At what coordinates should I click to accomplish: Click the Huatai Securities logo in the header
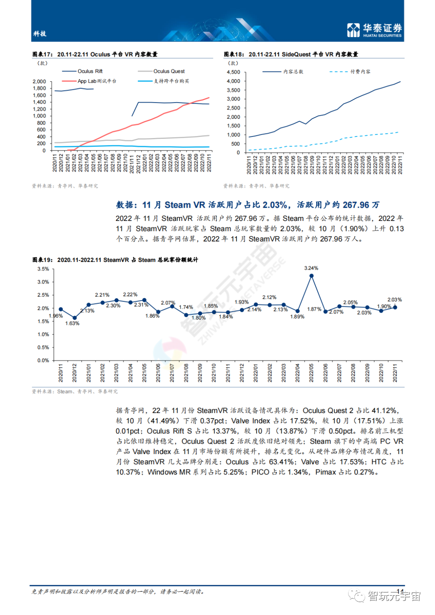pyautogui.click(x=374, y=30)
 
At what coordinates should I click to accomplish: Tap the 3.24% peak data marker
pyautogui.click(x=311, y=276)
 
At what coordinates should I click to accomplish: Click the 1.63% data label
pyautogui.click(x=72, y=324)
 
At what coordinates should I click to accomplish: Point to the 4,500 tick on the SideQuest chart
pyautogui.click(x=234, y=72)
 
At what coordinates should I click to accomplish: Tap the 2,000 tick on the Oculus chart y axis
pyautogui.click(x=39, y=81)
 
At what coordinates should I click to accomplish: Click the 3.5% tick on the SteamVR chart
pyautogui.click(x=43, y=269)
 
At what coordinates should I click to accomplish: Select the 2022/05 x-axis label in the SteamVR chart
pyautogui.click(x=311, y=373)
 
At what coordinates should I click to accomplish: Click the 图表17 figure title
pyautogui.click(x=95, y=54)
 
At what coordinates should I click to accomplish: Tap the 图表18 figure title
pyautogui.click(x=291, y=54)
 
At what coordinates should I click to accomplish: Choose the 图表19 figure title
pyautogui.click(x=115, y=260)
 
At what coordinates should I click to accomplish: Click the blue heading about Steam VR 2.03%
pyautogui.click(x=248, y=205)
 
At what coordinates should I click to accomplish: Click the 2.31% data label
pyautogui.click(x=141, y=305)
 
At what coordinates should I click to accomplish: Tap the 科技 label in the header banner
pyautogui.click(x=40, y=34)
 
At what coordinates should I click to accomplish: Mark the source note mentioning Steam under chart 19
pyautogui.click(x=75, y=391)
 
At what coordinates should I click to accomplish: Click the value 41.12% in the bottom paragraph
pyautogui.click(x=384, y=411)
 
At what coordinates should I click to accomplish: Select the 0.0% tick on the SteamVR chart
pyautogui.click(x=43, y=360)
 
